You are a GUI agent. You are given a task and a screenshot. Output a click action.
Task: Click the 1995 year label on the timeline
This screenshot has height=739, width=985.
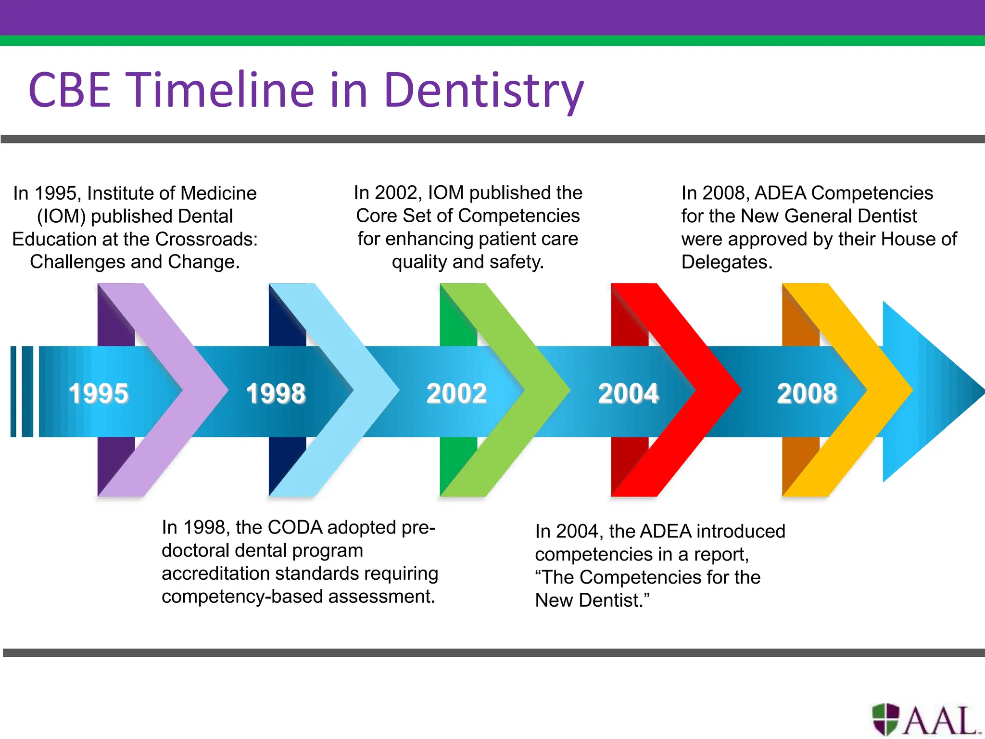[x=99, y=393]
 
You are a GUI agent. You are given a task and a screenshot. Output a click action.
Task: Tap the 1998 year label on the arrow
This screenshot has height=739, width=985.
[x=276, y=393]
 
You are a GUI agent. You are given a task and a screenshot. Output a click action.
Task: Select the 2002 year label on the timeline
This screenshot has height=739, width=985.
[x=456, y=393]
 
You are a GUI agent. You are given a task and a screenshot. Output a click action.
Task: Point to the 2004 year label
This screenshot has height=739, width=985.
[x=628, y=393]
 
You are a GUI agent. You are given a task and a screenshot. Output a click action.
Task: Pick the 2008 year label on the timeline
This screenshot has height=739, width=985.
[x=807, y=393]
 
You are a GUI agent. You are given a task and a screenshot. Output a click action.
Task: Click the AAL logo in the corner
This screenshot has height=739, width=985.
[x=926, y=720]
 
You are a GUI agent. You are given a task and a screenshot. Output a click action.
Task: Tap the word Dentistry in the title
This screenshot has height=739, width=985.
[x=483, y=90]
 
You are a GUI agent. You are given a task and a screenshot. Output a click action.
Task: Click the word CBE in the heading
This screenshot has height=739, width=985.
[x=70, y=90]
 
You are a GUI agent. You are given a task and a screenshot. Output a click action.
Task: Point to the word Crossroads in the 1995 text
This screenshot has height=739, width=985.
[x=206, y=239]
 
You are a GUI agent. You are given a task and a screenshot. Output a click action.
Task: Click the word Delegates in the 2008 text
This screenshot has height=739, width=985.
[x=726, y=262]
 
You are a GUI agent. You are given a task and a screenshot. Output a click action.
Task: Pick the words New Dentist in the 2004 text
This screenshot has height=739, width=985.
[x=592, y=600]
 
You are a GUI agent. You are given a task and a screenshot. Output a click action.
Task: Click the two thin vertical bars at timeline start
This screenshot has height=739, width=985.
[x=22, y=391]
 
